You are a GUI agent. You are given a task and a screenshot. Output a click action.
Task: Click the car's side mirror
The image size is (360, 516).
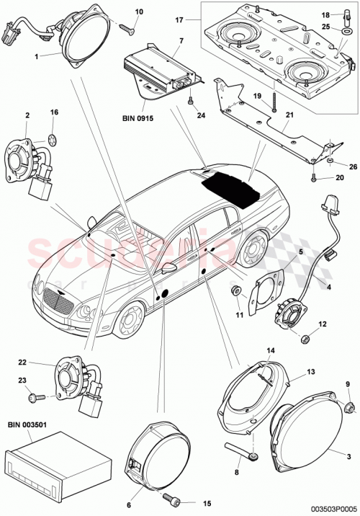(170, 268)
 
